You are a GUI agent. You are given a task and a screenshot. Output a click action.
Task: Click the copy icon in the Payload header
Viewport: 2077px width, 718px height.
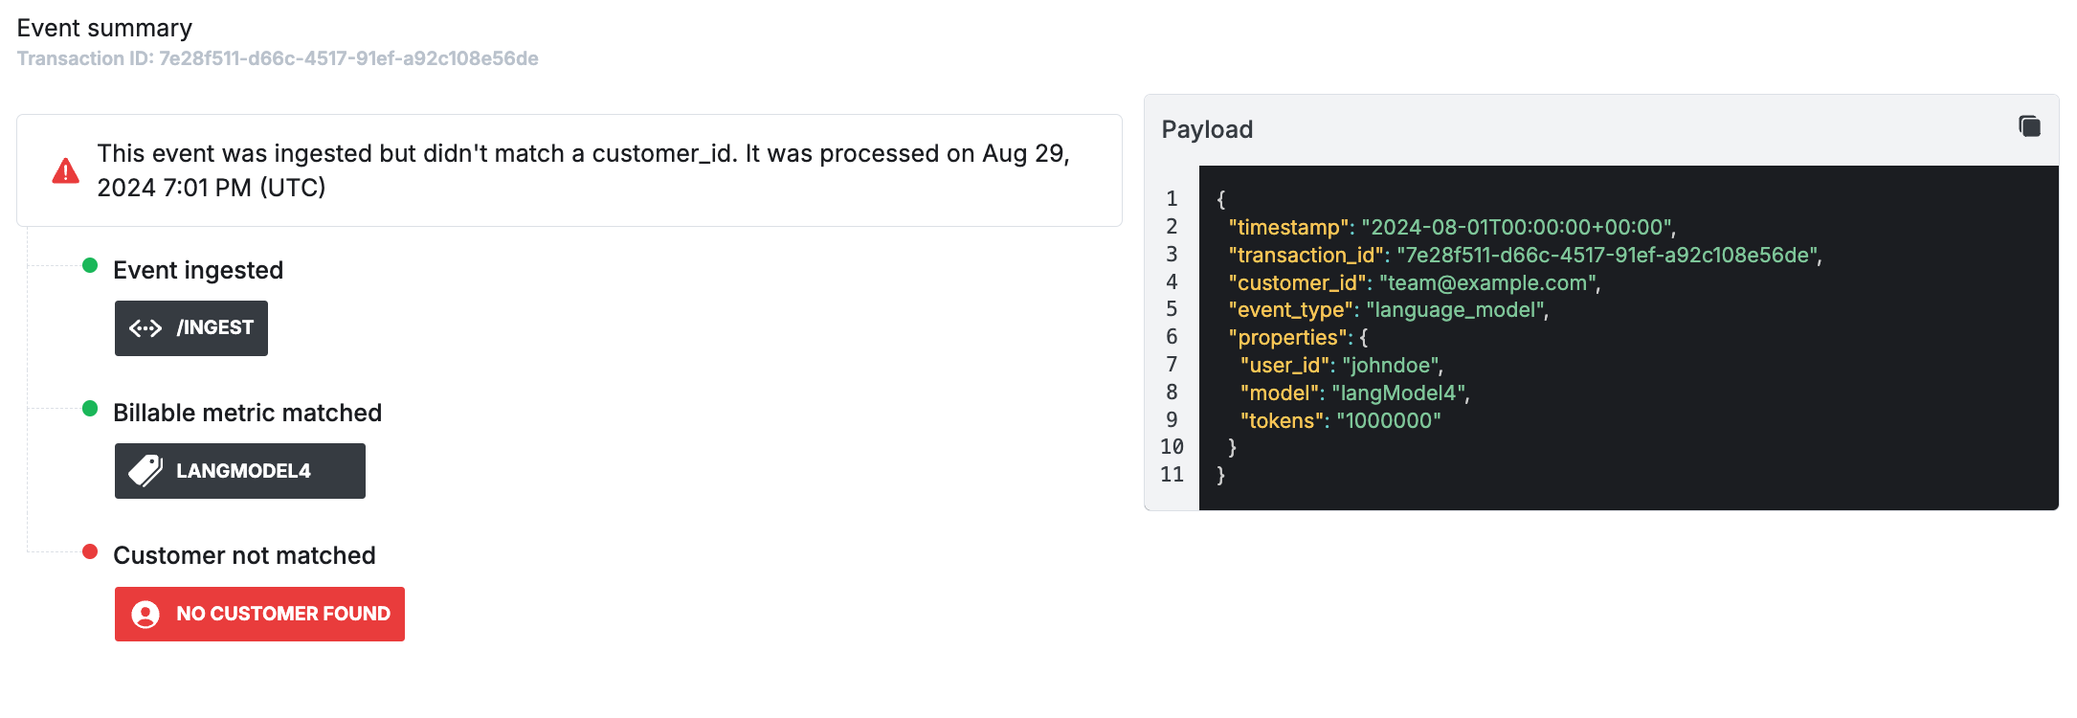(x=2029, y=126)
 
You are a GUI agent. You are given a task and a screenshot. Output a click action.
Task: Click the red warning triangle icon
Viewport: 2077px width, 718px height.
(x=65, y=171)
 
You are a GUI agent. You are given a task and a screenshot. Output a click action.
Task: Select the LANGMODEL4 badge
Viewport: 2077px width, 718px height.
(x=240, y=471)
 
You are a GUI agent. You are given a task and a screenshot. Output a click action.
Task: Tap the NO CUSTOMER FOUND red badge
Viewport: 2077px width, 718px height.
(x=259, y=614)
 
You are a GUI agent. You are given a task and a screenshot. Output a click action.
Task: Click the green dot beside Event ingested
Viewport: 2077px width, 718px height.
(x=90, y=265)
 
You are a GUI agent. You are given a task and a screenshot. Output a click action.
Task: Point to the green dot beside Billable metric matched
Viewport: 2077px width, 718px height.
(x=90, y=409)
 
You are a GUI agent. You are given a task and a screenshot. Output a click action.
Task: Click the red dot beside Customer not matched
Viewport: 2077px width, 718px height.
(x=90, y=551)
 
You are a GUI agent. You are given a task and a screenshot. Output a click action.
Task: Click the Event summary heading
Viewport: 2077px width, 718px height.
(x=104, y=28)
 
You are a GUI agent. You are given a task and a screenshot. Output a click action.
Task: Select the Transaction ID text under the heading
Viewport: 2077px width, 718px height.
(x=278, y=58)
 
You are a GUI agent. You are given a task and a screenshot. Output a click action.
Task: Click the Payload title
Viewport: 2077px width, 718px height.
(x=1207, y=129)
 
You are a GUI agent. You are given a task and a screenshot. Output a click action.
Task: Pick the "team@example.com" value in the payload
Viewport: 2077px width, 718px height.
(x=1486, y=282)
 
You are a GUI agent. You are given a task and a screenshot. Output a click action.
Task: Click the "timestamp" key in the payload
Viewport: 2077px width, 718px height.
(x=1289, y=227)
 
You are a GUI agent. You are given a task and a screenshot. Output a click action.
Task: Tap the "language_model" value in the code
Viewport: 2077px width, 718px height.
(x=1455, y=310)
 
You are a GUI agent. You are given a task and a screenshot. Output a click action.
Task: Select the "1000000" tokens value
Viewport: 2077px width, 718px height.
(x=1389, y=420)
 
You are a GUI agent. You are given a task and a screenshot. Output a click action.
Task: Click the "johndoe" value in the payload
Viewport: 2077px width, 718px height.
(x=1390, y=365)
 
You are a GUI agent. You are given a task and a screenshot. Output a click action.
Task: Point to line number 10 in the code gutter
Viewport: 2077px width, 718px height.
(x=1172, y=447)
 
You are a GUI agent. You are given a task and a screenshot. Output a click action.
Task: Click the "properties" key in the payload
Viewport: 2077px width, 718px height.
(x=1288, y=338)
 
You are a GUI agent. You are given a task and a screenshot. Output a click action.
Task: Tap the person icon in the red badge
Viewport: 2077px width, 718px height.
(x=145, y=615)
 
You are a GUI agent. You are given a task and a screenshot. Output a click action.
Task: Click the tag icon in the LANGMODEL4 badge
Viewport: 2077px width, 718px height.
(x=145, y=471)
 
